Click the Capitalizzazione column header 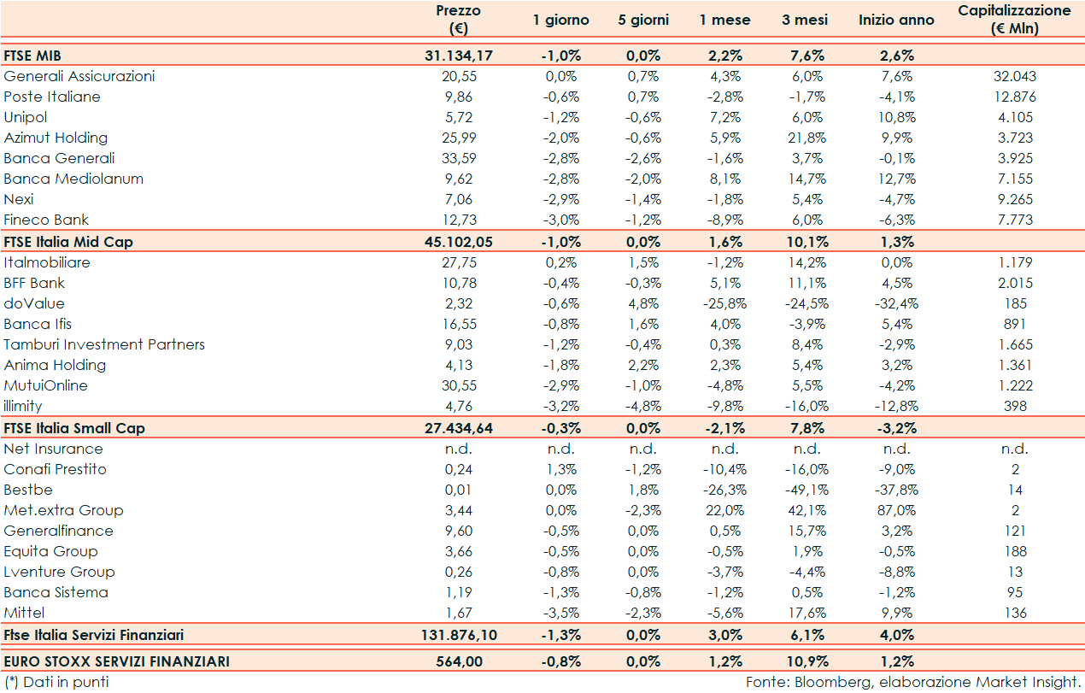point(1014,19)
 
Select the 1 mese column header point(724,20)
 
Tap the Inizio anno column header point(896,20)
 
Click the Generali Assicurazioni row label point(79,76)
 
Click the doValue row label point(34,303)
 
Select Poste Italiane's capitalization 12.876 point(1014,97)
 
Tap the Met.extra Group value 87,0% point(896,510)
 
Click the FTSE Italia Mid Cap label point(68,242)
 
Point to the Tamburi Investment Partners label point(104,344)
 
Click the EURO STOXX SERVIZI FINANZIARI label point(116,661)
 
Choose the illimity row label point(23,406)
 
